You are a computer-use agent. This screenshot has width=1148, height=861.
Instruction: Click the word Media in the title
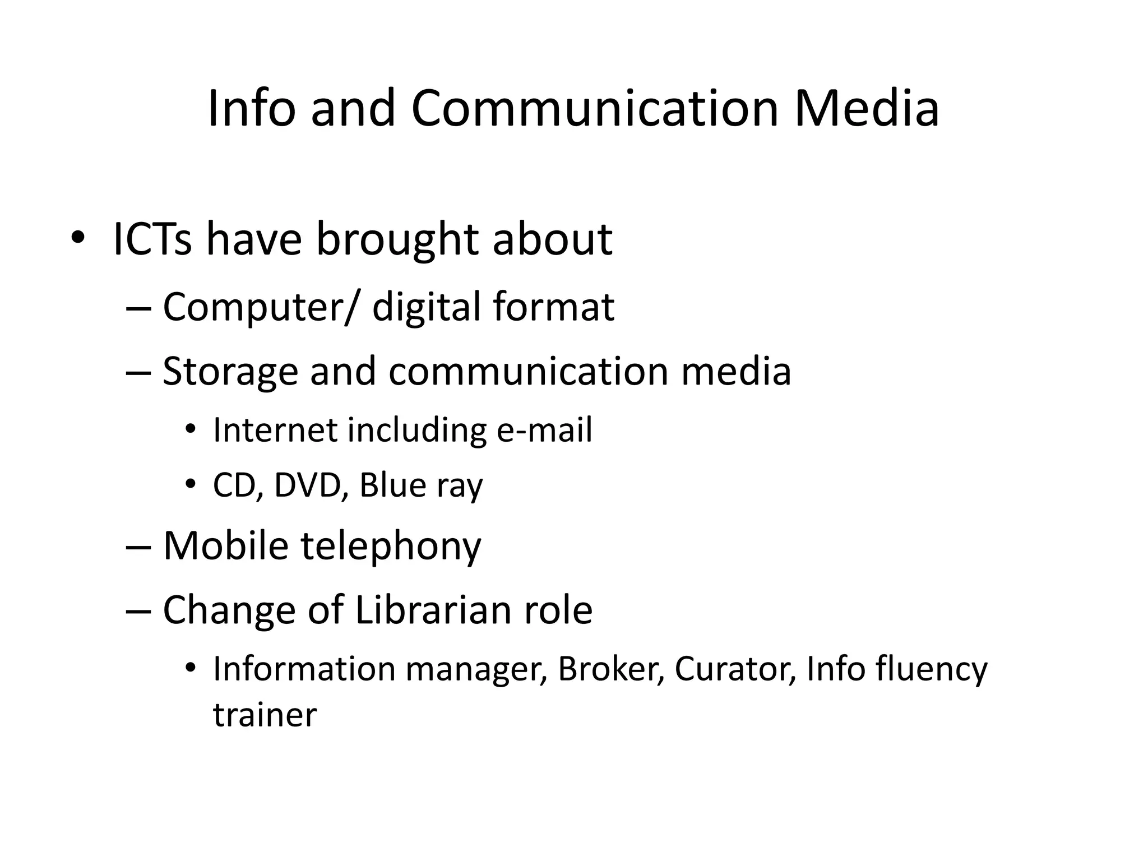pyautogui.click(x=866, y=108)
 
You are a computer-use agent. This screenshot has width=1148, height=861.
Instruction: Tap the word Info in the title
pyautogui.click(x=251, y=108)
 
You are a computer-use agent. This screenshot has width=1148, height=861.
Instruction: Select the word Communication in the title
pyautogui.click(x=595, y=108)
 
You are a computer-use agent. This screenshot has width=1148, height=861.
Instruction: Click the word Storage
pyautogui.click(x=230, y=371)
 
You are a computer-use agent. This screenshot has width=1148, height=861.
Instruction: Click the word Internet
pyautogui.click(x=275, y=430)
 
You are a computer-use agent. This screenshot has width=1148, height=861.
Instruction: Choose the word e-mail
pyautogui.click(x=544, y=430)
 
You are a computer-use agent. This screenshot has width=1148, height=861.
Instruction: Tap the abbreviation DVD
pyautogui.click(x=308, y=485)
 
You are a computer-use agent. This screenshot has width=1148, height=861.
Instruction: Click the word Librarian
pyautogui.click(x=433, y=610)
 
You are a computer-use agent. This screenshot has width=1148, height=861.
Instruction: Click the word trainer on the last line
pyautogui.click(x=265, y=716)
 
